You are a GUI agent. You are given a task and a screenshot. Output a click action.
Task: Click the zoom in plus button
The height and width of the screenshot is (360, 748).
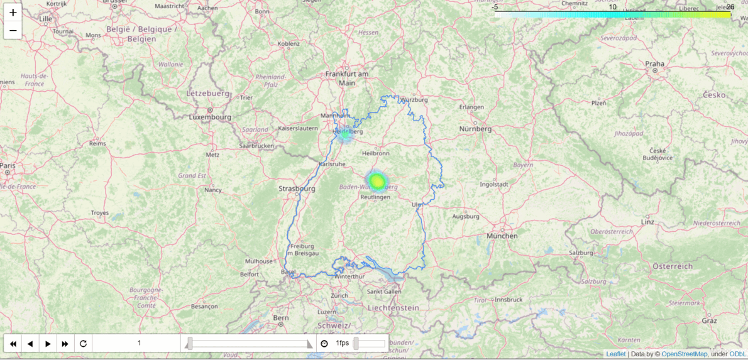(x=13, y=13)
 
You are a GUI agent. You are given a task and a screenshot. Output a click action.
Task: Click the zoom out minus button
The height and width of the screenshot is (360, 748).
(x=13, y=30)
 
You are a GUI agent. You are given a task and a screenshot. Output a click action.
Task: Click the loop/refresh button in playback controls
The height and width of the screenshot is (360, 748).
(x=83, y=344)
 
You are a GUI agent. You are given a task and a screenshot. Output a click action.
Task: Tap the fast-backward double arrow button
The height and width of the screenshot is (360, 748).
(x=13, y=344)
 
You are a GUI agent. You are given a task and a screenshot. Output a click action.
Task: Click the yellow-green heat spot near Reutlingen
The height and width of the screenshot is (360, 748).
(x=377, y=182)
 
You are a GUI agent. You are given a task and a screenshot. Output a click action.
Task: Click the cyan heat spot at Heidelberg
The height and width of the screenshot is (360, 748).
(x=344, y=133)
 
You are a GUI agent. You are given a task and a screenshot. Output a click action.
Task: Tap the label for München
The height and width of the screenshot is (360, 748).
(x=502, y=236)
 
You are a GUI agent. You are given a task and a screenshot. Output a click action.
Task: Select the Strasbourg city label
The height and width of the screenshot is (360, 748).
(x=296, y=188)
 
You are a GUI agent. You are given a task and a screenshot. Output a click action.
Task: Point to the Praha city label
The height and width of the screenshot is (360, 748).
(x=654, y=63)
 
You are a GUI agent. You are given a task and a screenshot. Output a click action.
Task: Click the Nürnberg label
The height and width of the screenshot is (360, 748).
(x=475, y=129)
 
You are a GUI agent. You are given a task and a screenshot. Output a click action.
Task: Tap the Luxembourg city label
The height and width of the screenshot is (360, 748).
(x=210, y=117)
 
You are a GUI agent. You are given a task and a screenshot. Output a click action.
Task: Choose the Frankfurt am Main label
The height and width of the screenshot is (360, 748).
(x=346, y=78)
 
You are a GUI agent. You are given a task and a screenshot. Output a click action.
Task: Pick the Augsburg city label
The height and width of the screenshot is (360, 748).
(x=465, y=217)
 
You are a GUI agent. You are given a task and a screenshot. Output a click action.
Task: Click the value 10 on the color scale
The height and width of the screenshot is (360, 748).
(x=612, y=7)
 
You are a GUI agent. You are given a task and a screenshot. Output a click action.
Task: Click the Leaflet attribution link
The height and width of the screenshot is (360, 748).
(x=615, y=354)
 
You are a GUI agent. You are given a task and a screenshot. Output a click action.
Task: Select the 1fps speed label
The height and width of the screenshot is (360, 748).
(x=342, y=343)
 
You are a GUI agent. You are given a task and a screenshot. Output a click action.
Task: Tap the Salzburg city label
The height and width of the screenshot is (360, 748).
(x=581, y=253)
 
